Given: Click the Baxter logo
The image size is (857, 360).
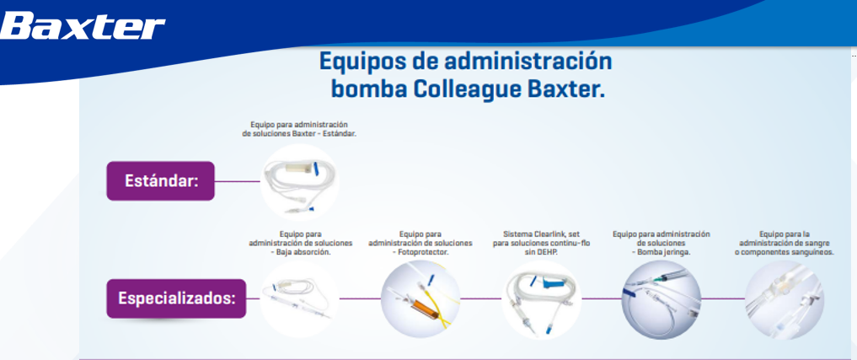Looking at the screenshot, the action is (83, 27).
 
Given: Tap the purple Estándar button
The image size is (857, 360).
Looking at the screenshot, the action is (160, 180).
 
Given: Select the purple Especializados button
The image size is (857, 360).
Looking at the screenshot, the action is (176, 298).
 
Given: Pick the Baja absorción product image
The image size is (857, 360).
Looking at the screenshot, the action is (299, 299).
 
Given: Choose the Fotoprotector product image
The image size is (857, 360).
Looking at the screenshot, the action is (420, 299).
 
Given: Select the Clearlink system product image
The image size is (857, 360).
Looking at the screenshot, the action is (541, 299).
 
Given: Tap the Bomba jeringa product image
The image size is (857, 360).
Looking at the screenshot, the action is (661, 299).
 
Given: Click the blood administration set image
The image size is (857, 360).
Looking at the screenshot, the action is (785, 299).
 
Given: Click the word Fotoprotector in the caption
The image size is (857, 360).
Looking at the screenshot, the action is (423, 253).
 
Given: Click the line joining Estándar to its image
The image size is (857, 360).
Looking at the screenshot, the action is (237, 181).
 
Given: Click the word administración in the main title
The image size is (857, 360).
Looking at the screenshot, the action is (528, 62).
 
